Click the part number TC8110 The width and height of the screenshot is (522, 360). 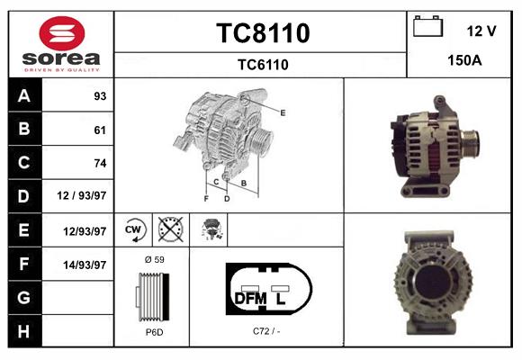coord(262,33)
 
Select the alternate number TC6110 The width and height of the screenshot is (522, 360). coord(262,64)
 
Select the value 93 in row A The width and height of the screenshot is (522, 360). coord(99,96)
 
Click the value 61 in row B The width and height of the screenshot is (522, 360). coord(99,130)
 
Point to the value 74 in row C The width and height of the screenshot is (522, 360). coord(99,163)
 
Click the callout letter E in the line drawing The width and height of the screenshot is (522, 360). coord(283,112)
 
